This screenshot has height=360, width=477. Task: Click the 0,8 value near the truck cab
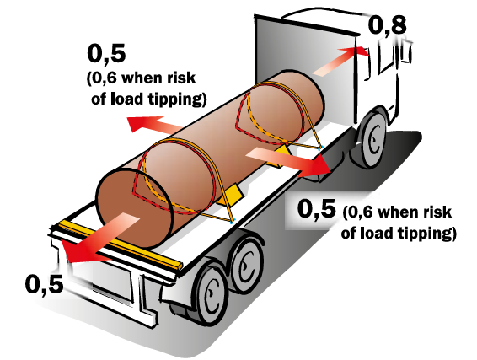388,25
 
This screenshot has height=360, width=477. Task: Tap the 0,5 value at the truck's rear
45,284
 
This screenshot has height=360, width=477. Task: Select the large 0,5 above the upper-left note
106,54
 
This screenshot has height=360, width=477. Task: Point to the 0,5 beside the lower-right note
317,209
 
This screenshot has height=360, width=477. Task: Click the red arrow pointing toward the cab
340,61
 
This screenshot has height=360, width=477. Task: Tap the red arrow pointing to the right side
288,162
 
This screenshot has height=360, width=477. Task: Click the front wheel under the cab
372,139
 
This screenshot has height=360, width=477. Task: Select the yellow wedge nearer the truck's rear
232,194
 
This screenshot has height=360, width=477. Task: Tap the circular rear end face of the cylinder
135,207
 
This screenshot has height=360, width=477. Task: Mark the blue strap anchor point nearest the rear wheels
232,223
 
